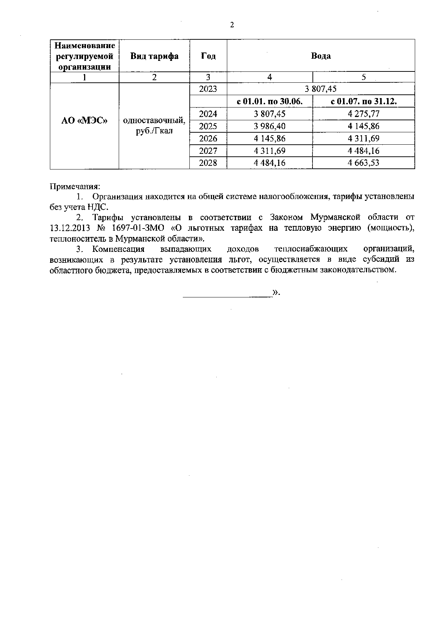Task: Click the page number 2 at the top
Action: click(232, 25)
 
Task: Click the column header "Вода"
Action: click(321, 56)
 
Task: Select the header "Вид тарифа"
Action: click(154, 56)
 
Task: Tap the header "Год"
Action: click(208, 56)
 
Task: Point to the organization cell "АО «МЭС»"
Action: click(84, 121)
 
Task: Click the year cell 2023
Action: click(208, 89)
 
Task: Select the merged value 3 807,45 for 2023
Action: click(321, 89)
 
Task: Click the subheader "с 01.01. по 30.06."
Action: click(270, 102)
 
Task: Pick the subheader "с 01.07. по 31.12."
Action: click(363, 102)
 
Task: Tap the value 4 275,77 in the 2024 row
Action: click(363, 114)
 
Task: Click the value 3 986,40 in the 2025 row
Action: click(270, 126)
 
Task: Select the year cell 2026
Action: click(208, 139)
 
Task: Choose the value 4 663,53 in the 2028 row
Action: click(363, 163)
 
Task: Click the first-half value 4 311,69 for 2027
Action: click(270, 151)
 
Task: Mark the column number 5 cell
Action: click(363, 77)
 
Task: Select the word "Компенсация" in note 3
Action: click(118, 249)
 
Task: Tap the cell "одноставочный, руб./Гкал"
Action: click(154, 126)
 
